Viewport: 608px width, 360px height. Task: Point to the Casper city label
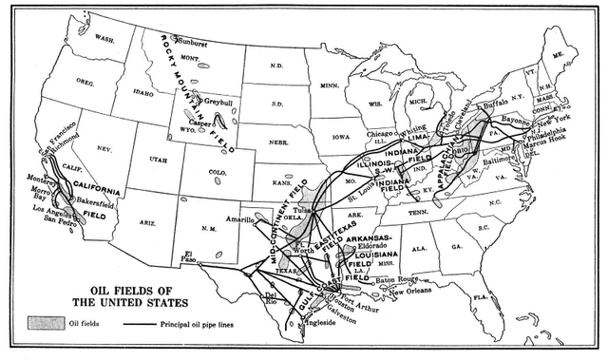[x=207, y=123]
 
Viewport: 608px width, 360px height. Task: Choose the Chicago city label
[x=379, y=134]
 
